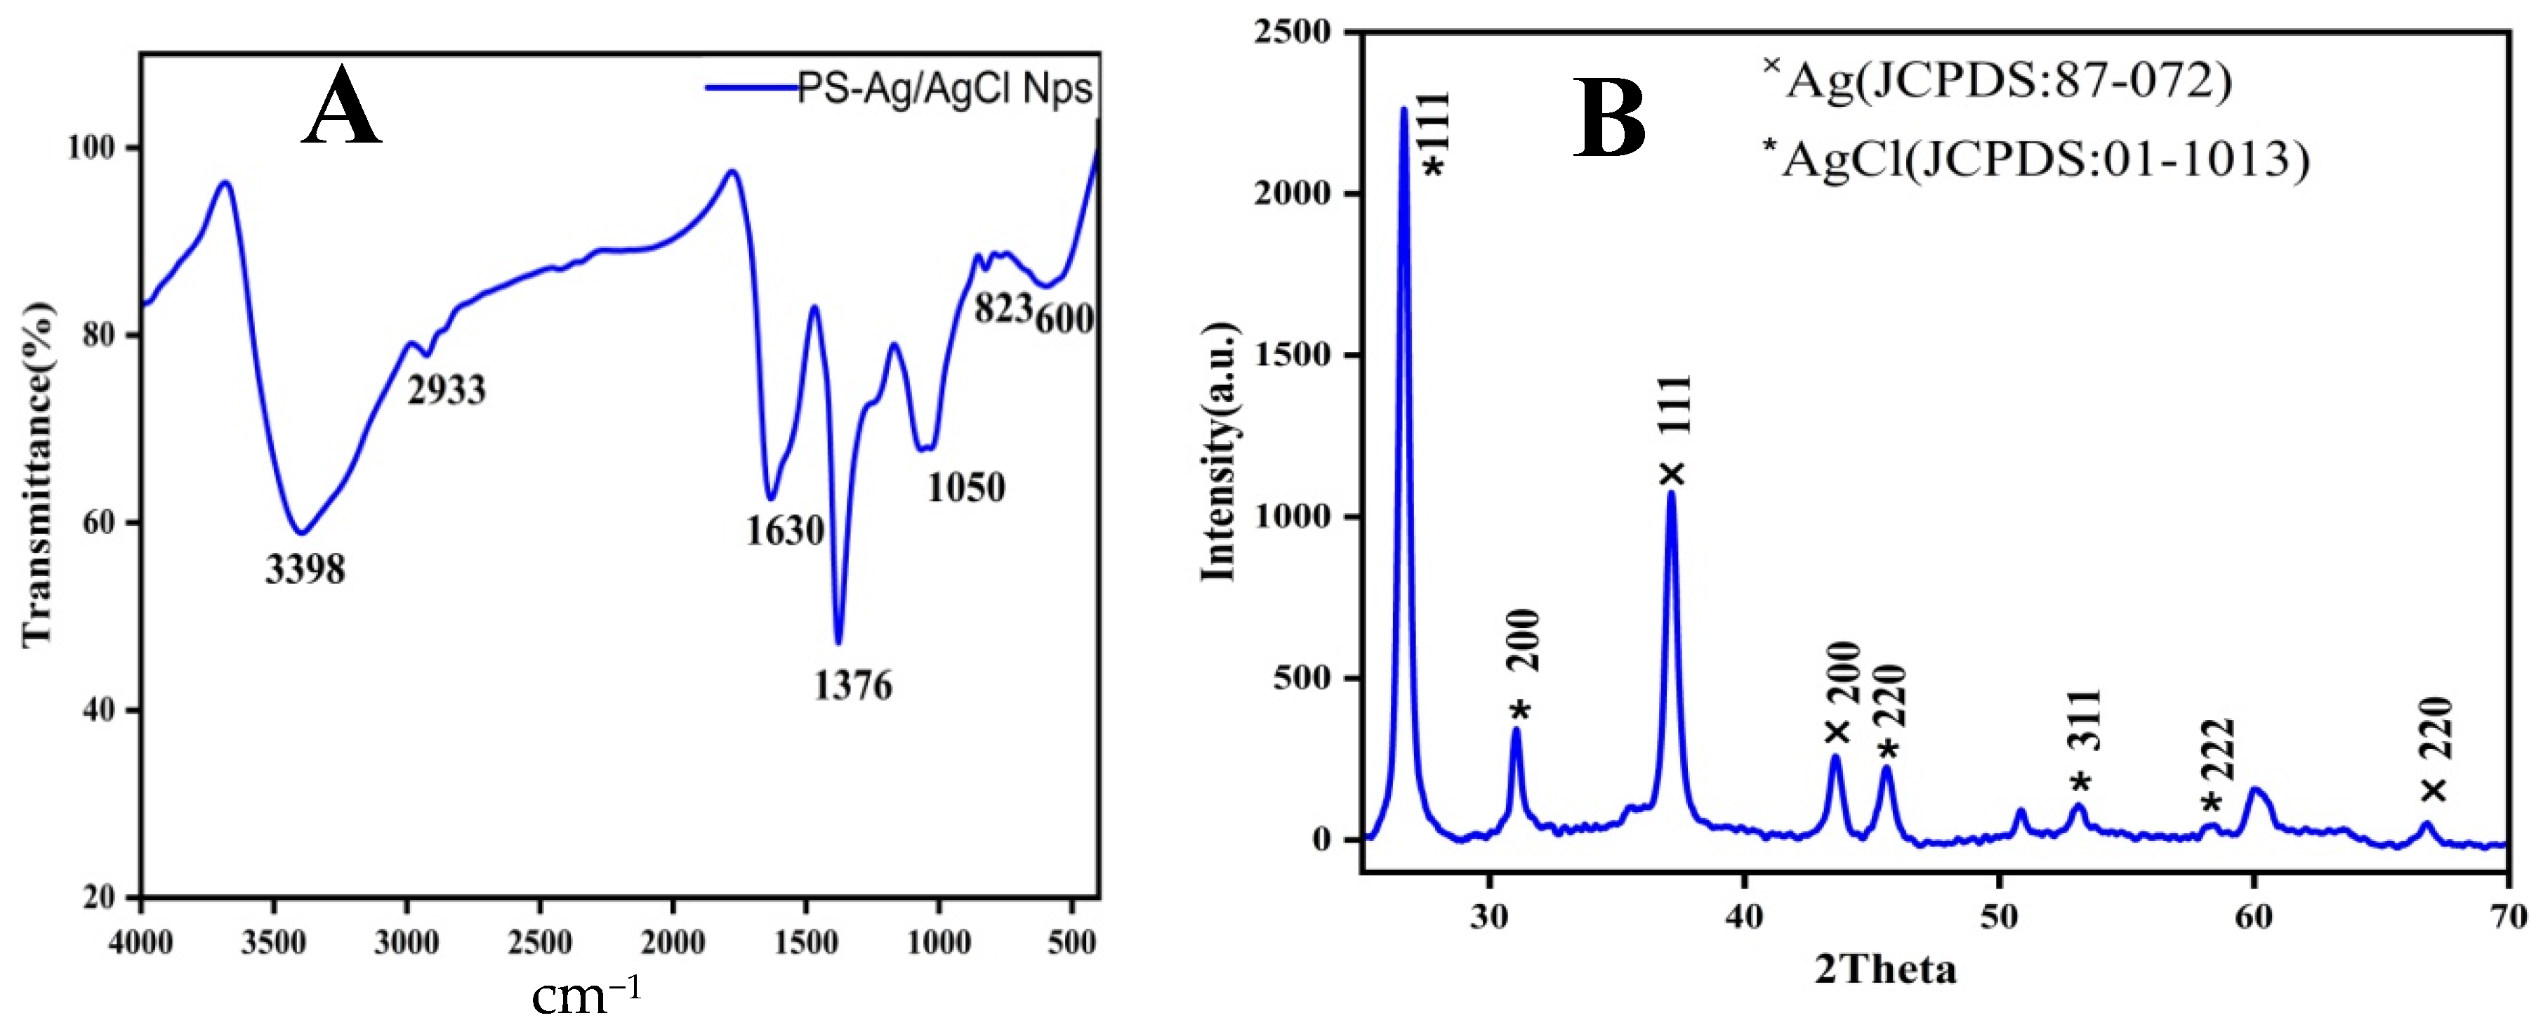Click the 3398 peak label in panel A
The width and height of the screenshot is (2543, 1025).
(x=305, y=570)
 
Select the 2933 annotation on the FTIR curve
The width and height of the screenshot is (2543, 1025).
(x=447, y=391)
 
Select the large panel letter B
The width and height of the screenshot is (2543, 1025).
(x=1609, y=119)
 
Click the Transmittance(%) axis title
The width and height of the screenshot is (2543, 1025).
(x=37, y=474)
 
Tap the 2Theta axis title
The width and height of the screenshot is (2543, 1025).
(x=1886, y=969)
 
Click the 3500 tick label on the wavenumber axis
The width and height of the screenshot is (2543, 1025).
(x=273, y=943)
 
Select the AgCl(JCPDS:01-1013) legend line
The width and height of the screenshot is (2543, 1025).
(x=2035, y=158)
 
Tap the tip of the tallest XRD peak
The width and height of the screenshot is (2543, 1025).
(x=1403, y=109)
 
